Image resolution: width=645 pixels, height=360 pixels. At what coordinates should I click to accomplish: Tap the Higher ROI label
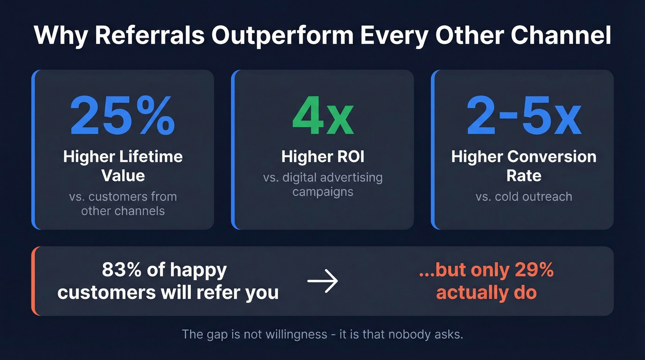(322, 157)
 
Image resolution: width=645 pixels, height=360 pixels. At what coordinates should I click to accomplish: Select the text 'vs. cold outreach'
(523, 196)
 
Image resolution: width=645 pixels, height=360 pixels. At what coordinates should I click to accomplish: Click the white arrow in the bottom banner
(322, 281)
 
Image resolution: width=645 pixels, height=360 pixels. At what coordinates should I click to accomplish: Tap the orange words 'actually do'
(487, 292)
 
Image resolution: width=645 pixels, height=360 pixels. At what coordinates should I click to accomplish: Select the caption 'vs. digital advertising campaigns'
(322, 184)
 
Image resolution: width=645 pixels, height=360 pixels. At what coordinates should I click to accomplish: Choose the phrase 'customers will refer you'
(168, 292)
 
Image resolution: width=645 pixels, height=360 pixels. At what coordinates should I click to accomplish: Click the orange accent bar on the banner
(34, 281)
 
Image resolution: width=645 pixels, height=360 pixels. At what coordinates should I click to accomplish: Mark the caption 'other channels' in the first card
(123, 211)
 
